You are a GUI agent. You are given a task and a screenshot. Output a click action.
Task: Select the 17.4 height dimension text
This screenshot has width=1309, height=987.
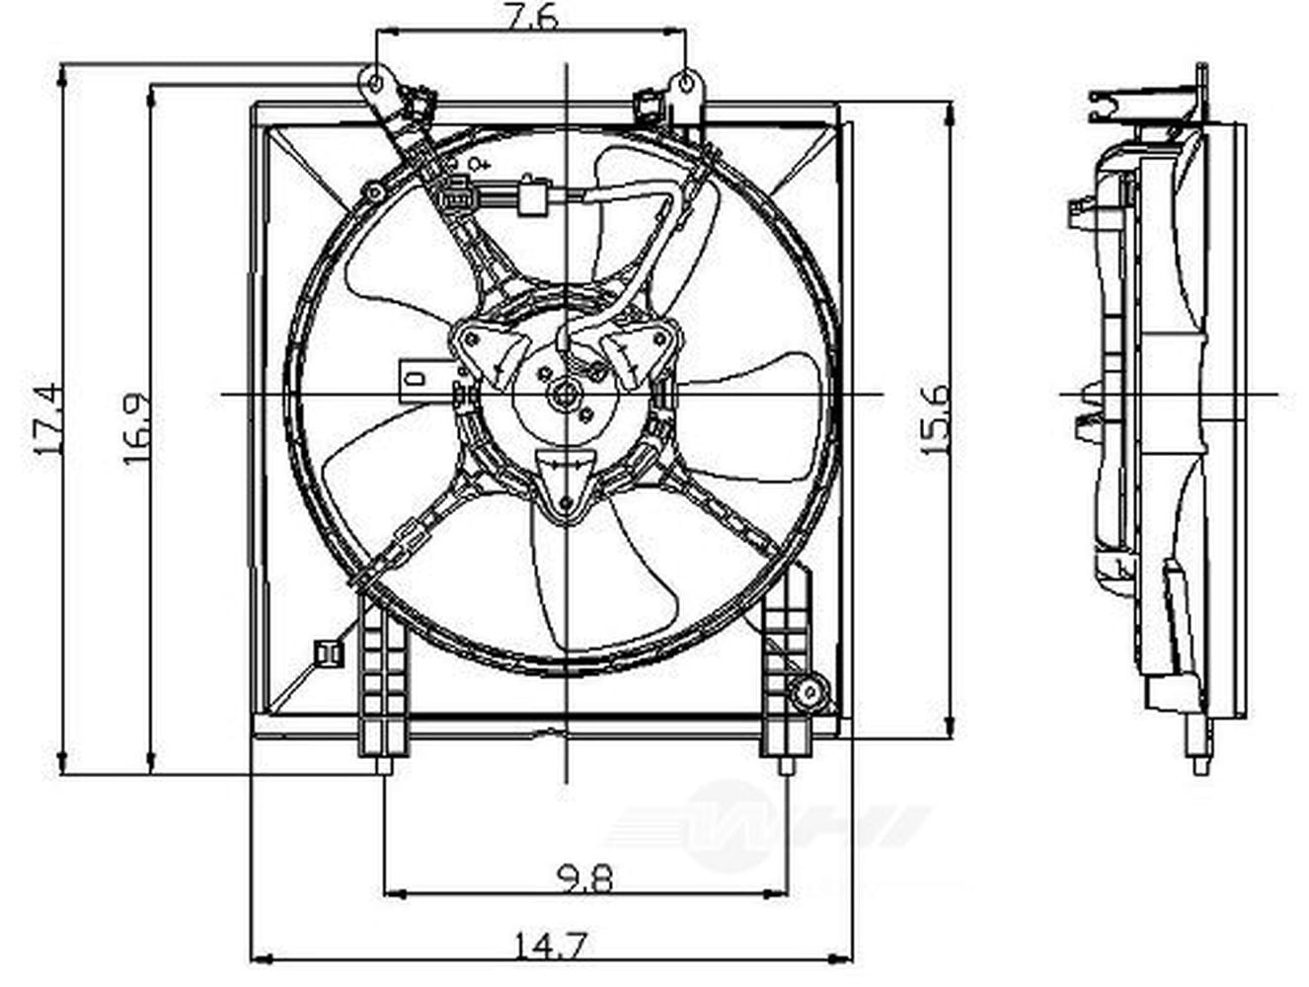(46, 418)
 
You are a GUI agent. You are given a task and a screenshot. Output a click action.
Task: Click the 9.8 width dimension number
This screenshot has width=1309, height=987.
(582, 876)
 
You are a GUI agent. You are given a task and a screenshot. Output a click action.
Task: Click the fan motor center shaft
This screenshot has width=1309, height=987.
(567, 395)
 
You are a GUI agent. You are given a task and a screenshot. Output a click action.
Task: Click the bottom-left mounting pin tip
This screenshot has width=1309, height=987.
(383, 767)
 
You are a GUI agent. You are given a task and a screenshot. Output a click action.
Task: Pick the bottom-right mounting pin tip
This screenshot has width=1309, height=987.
(787, 767)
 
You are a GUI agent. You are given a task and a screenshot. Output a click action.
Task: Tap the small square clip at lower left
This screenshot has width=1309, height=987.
(324, 652)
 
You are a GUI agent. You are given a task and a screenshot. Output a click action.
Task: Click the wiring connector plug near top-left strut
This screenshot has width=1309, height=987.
(457, 193)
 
